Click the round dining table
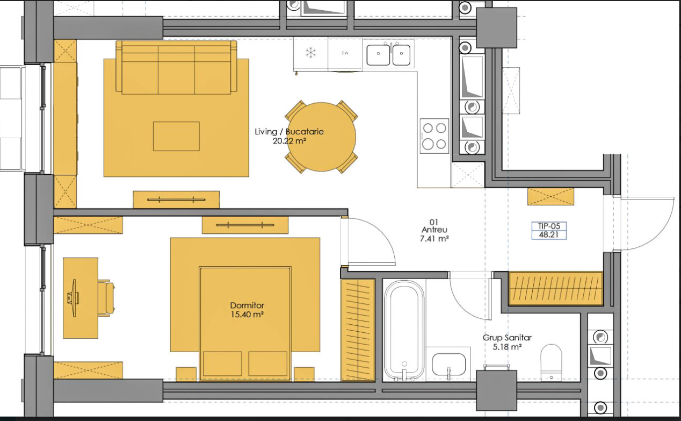(321, 137)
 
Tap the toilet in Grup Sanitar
(551, 362)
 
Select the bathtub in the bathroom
(404, 330)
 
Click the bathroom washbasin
(449, 365)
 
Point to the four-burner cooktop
(434, 136)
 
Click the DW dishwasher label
(345, 53)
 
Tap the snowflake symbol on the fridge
(311, 53)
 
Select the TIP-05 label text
(549, 226)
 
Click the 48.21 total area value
(549, 235)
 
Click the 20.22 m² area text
(289, 141)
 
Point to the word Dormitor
(247, 305)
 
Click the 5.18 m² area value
(507, 347)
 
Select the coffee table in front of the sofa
(176, 137)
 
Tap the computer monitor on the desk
(73, 298)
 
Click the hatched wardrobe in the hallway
(556, 289)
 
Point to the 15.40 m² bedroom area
(247, 315)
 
